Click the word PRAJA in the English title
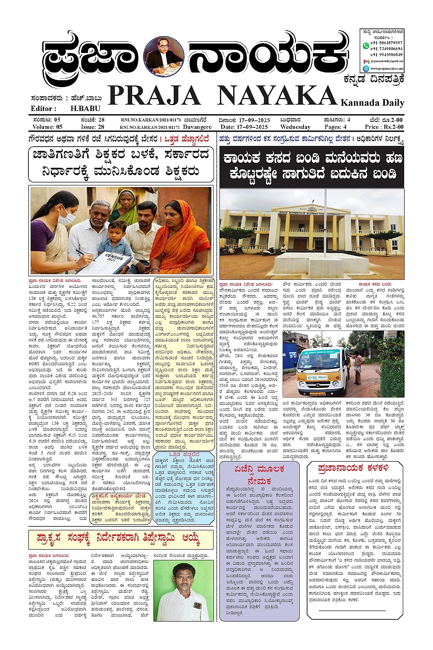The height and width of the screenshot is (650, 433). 154,96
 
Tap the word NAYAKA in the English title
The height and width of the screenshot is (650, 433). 276,96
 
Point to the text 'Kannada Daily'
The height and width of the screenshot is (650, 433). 372,103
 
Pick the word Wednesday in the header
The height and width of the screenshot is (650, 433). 295,127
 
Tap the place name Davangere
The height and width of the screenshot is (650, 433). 197,127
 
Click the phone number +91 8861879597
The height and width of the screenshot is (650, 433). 386,43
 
